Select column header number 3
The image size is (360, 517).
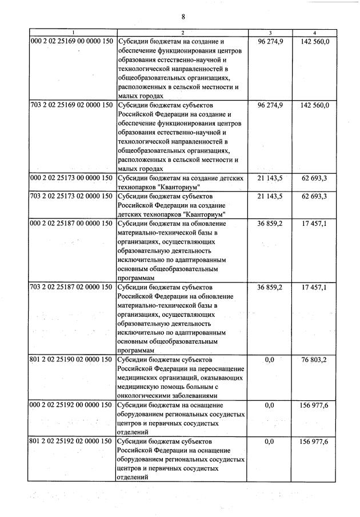click(270, 33)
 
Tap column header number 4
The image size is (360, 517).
click(314, 33)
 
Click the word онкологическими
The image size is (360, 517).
click(146, 396)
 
